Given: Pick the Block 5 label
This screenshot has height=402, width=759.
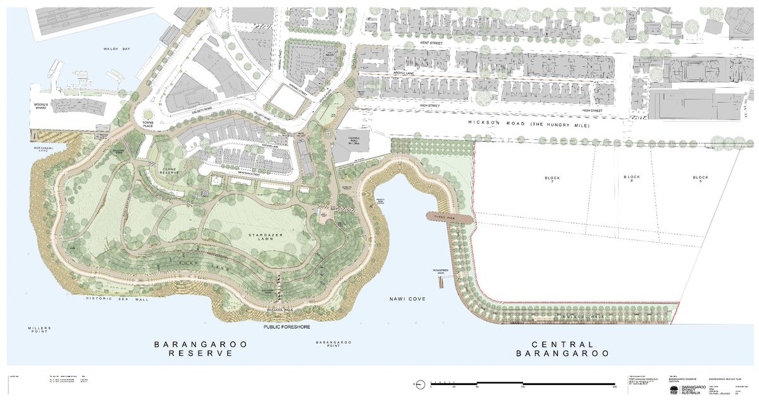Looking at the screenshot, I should pyautogui.click(x=700, y=180).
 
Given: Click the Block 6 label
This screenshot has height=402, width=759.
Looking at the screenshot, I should pyautogui.click(x=631, y=180).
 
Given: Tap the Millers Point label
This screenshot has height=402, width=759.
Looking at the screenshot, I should pyautogui.click(x=39, y=331).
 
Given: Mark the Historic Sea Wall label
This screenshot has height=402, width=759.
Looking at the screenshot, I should pyautogui.click(x=117, y=299).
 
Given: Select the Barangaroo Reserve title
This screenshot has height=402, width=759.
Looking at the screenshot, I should pyautogui.click(x=202, y=349).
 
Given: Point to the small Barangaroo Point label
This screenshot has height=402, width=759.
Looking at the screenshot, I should pyautogui.click(x=334, y=344).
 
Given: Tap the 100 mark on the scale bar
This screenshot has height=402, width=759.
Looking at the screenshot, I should pyautogui.click(x=522, y=387).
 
